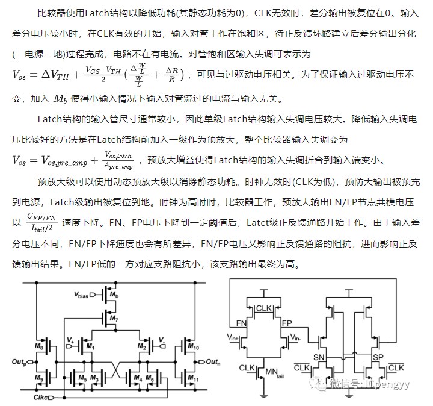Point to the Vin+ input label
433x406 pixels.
tap(234, 337)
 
